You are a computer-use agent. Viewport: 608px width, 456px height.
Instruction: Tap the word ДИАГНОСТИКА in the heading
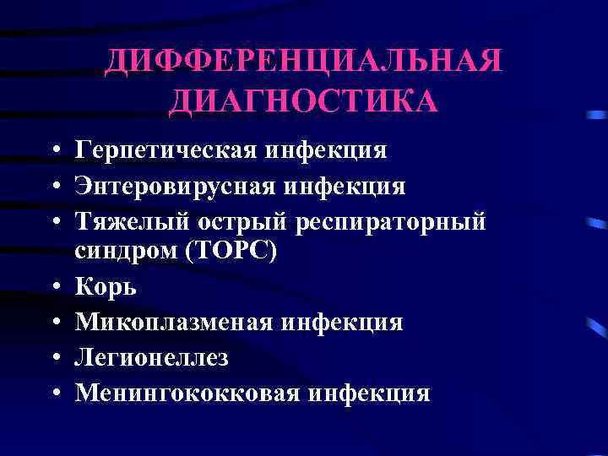point(304,101)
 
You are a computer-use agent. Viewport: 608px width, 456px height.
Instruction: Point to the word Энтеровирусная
point(173,185)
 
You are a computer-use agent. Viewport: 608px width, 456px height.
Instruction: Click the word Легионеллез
point(151,357)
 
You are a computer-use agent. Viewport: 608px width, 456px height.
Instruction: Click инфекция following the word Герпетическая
point(325,151)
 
